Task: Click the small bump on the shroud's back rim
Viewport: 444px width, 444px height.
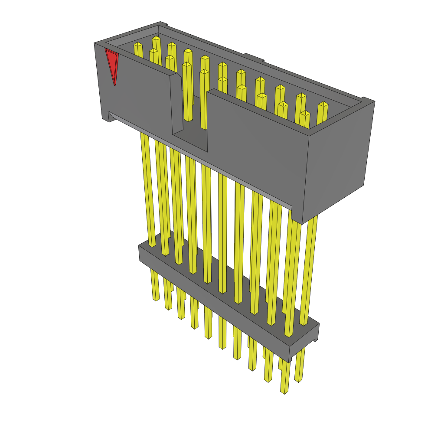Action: point(254,57)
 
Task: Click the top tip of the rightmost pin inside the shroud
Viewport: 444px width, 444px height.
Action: point(323,104)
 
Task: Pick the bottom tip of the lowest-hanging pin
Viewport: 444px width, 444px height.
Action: point(284,392)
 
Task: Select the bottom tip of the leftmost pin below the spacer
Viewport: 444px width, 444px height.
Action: point(156,299)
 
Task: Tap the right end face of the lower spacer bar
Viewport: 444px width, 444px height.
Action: point(304,343)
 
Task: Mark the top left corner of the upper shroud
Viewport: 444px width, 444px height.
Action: point(95,43)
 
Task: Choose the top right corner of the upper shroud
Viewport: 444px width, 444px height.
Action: point(374,102)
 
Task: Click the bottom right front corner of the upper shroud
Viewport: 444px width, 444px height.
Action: point(303,223)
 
